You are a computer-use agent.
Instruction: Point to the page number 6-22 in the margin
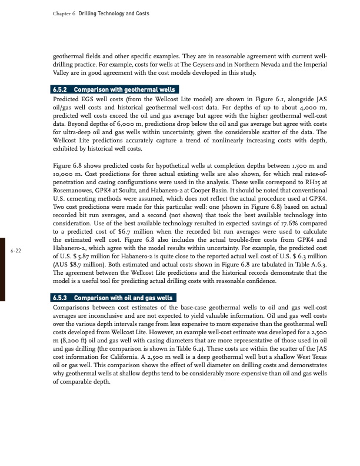coord(16,251)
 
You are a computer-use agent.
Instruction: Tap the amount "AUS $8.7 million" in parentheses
coord(79,266)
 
